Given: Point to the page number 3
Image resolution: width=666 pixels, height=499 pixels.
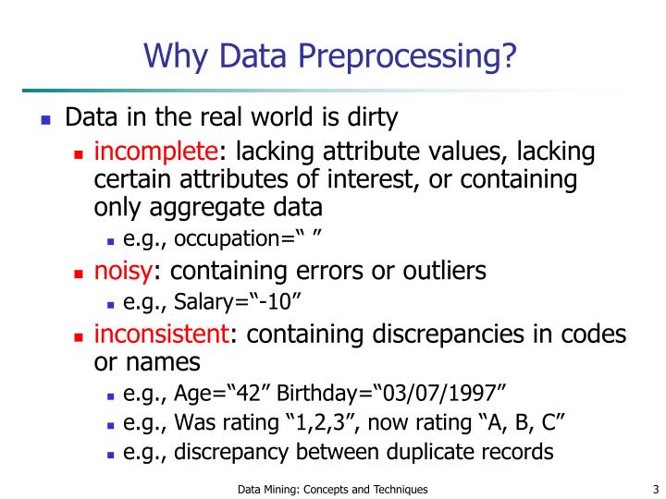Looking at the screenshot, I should click(654, 489).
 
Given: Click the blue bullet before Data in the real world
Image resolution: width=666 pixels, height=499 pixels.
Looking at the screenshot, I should click(46, 120).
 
